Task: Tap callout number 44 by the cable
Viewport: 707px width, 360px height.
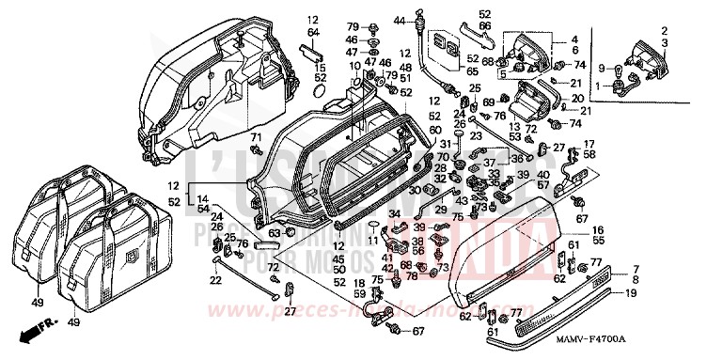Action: point(398,20)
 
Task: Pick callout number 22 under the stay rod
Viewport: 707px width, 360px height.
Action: point(216,280)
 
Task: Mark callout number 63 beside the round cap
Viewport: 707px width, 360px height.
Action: point(274,232)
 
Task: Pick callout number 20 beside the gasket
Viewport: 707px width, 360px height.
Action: point(577,98)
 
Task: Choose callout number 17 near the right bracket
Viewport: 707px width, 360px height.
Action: point(589,144)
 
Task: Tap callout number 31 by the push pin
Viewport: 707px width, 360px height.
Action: point(447,144)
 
